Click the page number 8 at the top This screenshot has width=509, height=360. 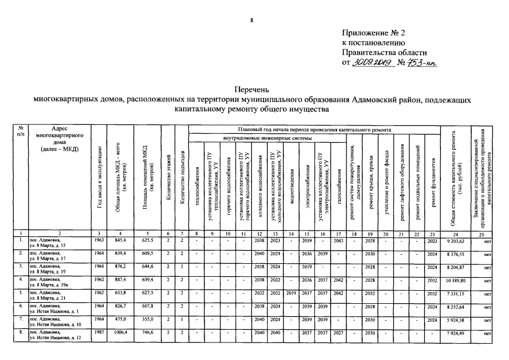(253, 21)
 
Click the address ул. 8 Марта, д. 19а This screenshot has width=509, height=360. (51, 283)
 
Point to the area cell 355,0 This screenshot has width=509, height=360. (148, 320)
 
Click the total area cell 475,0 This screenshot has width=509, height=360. (121, 320)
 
